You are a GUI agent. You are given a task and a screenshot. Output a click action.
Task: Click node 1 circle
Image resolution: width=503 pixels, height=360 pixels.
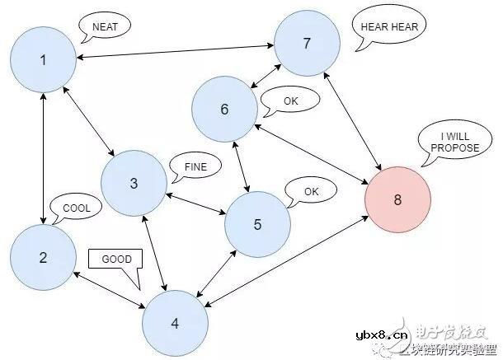point(43,60)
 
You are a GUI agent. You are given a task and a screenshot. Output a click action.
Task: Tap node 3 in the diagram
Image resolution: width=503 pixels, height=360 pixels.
point(134,184)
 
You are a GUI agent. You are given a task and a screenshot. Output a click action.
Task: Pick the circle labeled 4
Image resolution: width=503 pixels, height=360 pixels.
point(175,322)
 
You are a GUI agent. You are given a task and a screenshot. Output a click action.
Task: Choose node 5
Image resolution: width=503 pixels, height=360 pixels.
point(257,223)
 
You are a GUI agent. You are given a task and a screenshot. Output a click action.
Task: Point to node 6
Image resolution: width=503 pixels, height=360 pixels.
point(224,110)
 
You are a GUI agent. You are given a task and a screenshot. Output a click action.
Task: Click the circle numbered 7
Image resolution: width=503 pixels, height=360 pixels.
point(307,44)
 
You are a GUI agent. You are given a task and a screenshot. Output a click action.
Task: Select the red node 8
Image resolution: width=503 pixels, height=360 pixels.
point(399,198)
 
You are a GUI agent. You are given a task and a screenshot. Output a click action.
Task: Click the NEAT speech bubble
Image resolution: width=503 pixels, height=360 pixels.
point(104,27)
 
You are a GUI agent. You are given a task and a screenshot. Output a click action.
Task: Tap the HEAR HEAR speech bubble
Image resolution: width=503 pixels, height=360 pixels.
point(389,27)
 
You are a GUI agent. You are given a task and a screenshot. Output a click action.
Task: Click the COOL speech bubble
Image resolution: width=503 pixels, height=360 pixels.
point(77,208)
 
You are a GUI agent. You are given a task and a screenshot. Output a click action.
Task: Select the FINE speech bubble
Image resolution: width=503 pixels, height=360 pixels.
point(195,166)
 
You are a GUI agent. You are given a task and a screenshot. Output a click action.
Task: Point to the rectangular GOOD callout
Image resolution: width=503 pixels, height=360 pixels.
point(116,259)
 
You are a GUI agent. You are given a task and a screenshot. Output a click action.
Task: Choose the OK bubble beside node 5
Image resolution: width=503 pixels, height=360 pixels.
point(310,192)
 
